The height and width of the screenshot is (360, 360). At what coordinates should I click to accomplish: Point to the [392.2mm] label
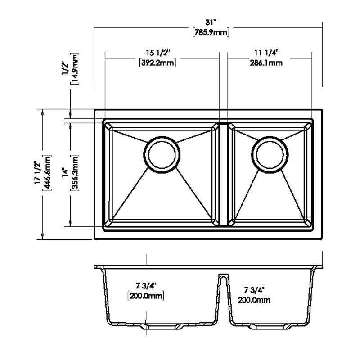(x=157, y=63)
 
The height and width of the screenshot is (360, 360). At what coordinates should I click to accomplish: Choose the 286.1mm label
(x=266, y=63)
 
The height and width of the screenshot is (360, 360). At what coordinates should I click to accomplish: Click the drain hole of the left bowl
(x=162, y=153)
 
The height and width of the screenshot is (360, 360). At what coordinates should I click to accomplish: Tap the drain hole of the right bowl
(x=270, y=153)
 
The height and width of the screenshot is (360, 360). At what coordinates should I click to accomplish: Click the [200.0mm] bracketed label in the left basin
(x=145, y=296)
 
